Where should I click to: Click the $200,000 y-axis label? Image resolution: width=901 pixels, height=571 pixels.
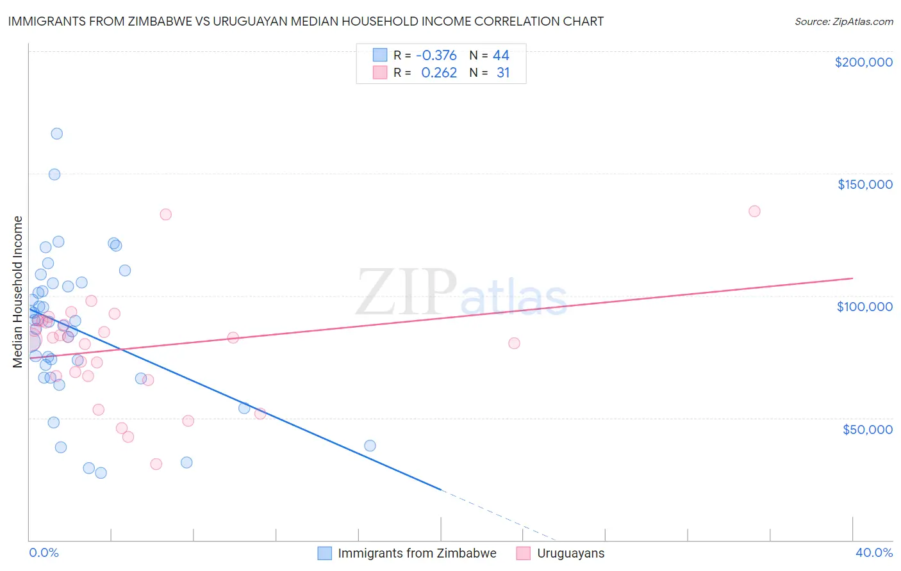tap(863, 62)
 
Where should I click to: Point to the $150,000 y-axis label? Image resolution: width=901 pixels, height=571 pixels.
tap(864, 184)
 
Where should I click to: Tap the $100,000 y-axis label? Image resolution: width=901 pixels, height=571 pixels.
tap(864, 307)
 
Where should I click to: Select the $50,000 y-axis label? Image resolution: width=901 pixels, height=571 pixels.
tap(867, 429)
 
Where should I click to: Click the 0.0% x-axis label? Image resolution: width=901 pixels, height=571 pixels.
tap(44, 552)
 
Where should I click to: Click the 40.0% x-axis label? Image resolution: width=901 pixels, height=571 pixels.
tap(873, 552)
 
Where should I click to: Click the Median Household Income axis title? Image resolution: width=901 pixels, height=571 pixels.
tap(17, 292)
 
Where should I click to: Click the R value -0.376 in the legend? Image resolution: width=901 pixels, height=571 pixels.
tap(436, 55)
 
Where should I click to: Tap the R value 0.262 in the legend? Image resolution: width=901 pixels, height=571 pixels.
tap(438, 73)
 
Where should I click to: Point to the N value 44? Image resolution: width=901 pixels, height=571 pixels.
tap(500, 55)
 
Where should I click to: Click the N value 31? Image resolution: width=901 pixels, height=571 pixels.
tap(503, 73)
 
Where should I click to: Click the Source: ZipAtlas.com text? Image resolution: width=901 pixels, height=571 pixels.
tap(843, 22)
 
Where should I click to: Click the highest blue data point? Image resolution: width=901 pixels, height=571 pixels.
tap(56, 134)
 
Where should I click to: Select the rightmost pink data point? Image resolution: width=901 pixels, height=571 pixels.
tap(754, 211)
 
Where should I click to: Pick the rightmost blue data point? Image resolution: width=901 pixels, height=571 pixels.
tap(370, 446)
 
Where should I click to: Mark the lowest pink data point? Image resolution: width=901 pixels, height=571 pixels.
tap(156, 464)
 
